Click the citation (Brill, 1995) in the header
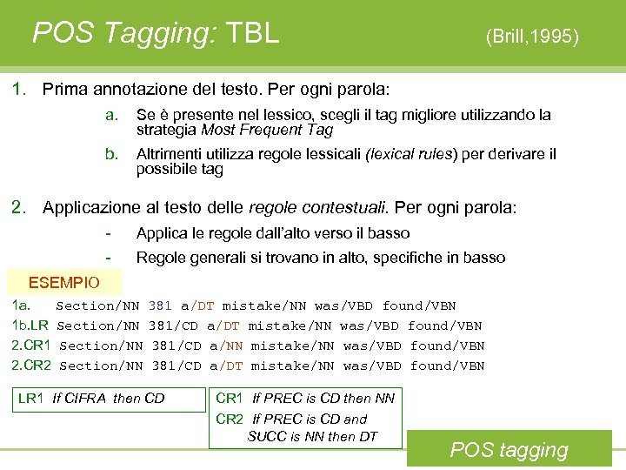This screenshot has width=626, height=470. pos(532,37)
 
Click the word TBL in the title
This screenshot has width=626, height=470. pos(252,33)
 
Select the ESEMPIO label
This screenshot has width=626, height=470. pos(64,283)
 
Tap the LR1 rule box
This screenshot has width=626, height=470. pos(91,399)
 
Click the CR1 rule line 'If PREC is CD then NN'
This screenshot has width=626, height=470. pos(305,399)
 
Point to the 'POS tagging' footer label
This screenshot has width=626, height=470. pos(509,450)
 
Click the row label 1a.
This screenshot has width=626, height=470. pos(22,305)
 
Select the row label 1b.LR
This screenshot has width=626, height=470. pos(30,326)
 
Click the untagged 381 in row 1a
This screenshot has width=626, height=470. pos(160,305)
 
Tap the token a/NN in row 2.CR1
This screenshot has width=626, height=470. pos(226,346)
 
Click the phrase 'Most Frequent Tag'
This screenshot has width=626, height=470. pos(267,131)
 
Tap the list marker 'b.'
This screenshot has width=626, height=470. pos(111,154)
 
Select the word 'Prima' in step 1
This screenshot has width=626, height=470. pos(63,89)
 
